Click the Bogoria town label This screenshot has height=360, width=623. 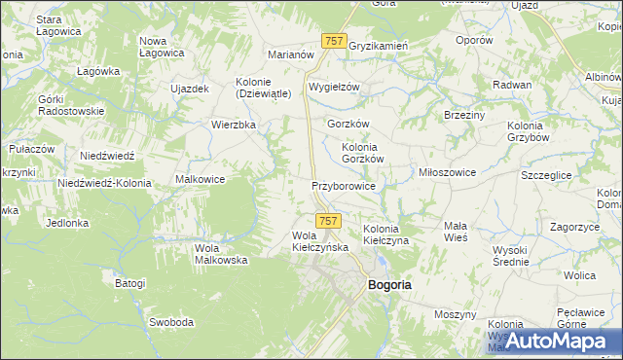(388, 285)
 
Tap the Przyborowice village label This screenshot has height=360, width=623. (343, 185)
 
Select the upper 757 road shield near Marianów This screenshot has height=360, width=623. (333, 40)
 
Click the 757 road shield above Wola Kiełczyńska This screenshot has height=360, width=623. (329, 221)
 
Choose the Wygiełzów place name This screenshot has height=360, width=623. (334, 87)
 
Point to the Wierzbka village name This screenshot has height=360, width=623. (234, 125)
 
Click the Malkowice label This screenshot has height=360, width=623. (201, 179)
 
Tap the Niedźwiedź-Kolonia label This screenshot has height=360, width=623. (101, 183)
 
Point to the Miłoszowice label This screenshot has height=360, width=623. (446, 172)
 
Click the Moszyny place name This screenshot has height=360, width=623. (455, 315)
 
